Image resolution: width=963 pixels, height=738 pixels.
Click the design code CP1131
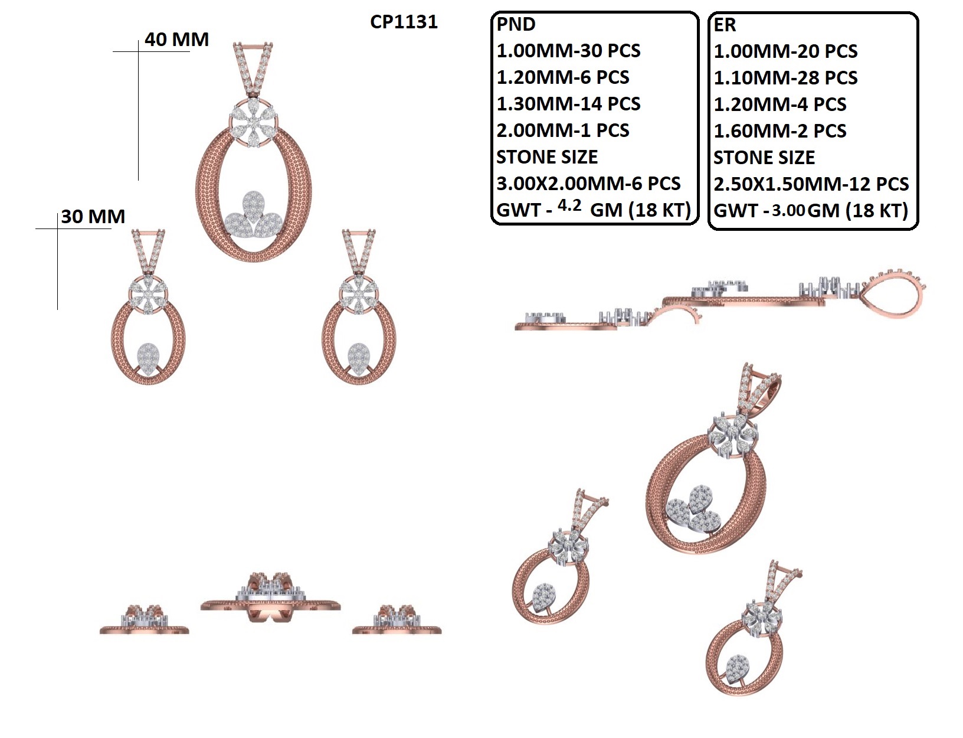(x=404, y=22)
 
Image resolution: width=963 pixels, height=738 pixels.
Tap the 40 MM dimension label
(x=176, y=40)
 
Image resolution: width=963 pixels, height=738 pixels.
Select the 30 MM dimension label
(x=93, y=216)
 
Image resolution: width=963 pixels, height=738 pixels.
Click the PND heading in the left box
(x=516, y=24)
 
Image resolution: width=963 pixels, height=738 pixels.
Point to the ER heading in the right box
(x=725, y=25)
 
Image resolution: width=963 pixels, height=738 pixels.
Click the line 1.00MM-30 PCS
(x=568, y=51)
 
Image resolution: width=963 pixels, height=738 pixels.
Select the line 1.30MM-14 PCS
(x=568, y=104)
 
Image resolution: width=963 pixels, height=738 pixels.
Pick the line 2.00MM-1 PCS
(x=563, y=130)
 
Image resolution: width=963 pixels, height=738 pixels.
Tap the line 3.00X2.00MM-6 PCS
(x=588, y=184)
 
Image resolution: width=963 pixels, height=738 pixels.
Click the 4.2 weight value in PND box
(x=569, y=205)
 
